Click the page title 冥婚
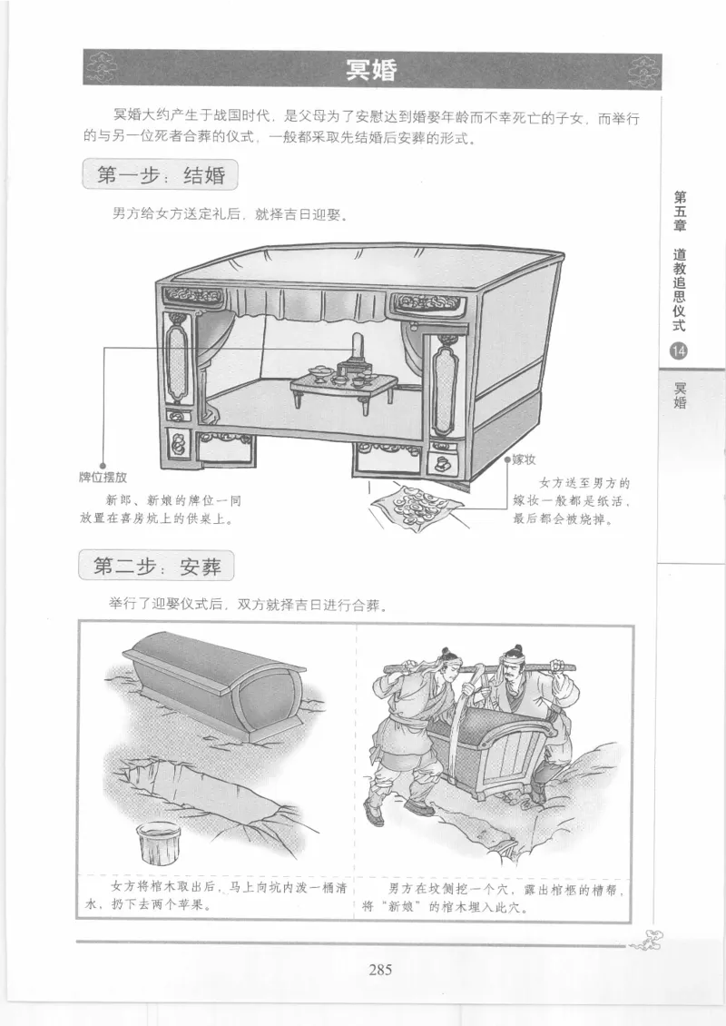[372, 71]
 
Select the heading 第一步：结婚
[160, 174]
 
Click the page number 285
[379, 969]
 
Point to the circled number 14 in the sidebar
[679, 352]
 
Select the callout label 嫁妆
[524, 460]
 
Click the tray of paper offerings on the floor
[419, 502]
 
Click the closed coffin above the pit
[216, 686]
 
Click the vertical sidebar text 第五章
[680, 211]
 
